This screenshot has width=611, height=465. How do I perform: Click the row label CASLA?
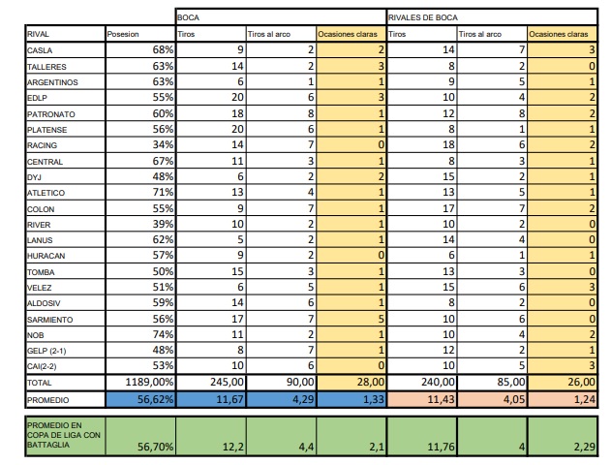coord(41,49)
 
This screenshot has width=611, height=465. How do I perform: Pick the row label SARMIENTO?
coord(48,318)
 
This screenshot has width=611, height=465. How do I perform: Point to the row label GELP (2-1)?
coord(47,349)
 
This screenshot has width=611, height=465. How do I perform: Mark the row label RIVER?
coord(39,223)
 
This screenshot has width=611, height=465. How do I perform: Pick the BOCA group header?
coord(190,17)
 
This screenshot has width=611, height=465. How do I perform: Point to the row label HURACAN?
coord(45,255)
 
